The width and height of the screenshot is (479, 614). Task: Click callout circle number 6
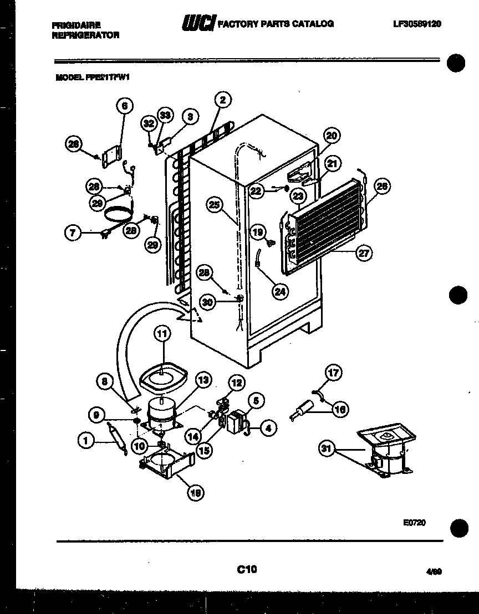[124, 106]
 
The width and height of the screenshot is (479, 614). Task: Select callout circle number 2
[223, 100]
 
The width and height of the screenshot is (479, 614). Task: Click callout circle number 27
[364, 254]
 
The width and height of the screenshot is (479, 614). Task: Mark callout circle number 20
[332, 136]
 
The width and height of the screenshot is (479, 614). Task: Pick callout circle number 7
[73, 233]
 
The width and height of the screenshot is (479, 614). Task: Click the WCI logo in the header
[198, 24]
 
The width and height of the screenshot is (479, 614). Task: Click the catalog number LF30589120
[416, 24]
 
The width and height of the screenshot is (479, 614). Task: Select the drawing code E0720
[415, 522]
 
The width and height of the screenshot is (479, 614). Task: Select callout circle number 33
[165, 115]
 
